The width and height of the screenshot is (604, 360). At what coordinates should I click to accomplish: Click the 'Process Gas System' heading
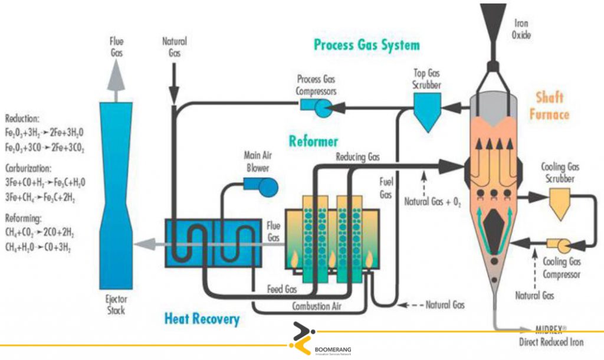[366, 45]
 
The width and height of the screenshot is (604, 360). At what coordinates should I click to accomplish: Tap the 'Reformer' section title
[313, 141]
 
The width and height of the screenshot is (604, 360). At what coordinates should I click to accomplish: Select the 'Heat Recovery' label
[202, 319]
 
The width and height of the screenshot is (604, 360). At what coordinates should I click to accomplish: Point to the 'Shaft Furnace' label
[549, 105]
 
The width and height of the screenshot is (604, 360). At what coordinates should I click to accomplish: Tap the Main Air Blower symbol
[267, 185]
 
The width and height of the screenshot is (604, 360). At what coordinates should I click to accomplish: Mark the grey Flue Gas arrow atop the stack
[116, 77]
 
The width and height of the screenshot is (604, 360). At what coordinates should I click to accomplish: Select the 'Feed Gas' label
[281, 290]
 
